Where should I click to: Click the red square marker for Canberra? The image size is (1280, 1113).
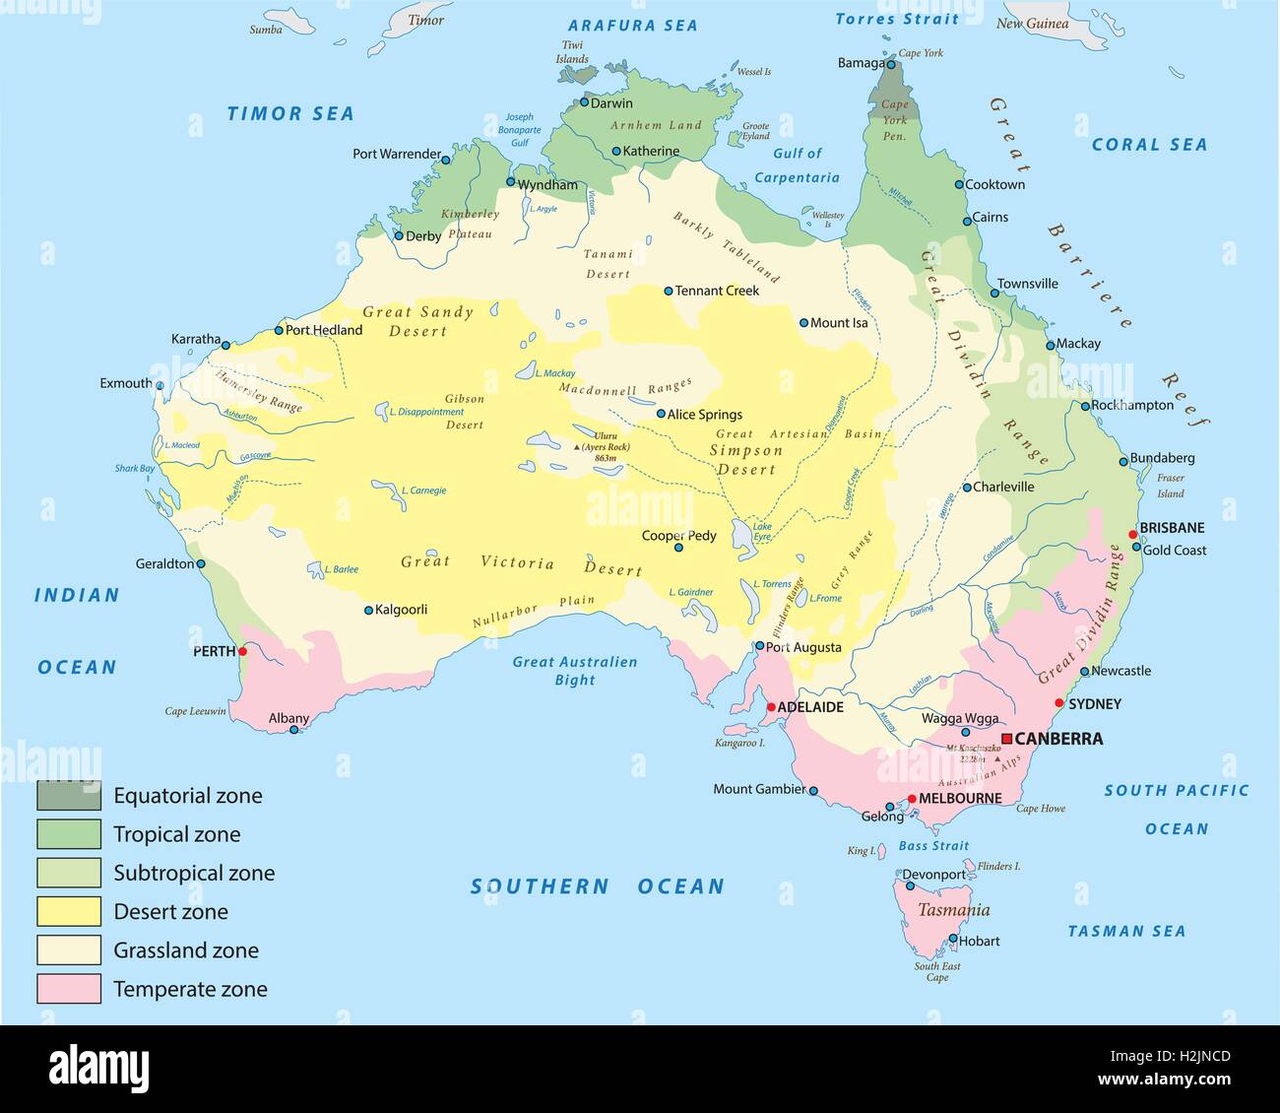(1006, 739)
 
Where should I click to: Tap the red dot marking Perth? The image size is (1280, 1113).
(242, 651)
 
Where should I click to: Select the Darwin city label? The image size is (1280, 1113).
(611, 103)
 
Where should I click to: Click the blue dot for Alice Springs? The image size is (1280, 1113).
(661, 415)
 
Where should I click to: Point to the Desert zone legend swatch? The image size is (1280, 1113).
(69, 911)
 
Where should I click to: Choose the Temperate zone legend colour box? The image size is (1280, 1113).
(69, 989)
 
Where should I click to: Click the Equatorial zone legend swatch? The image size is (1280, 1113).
(69, 795)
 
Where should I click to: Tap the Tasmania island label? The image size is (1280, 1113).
(953, 910)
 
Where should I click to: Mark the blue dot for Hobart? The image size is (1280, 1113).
(953, 939)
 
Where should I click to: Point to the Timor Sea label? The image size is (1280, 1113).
(290, 114)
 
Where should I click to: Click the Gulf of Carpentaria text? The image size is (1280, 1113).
(798, 165)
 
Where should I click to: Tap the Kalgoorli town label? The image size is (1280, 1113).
(402, 610)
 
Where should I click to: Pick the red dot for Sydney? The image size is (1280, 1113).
(1059, 703)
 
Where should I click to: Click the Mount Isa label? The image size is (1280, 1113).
(839, 323)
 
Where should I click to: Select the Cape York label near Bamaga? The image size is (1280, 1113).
(921, 53)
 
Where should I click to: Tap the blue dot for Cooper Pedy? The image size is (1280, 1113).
(678, 547)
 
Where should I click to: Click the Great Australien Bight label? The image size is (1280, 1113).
(575, 671)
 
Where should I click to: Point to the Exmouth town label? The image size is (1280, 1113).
(126, 383)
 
